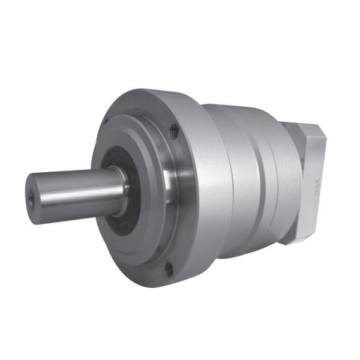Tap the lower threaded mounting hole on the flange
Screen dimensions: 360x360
coord(169,269)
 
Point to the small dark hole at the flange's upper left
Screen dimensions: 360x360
coord(106,122)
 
